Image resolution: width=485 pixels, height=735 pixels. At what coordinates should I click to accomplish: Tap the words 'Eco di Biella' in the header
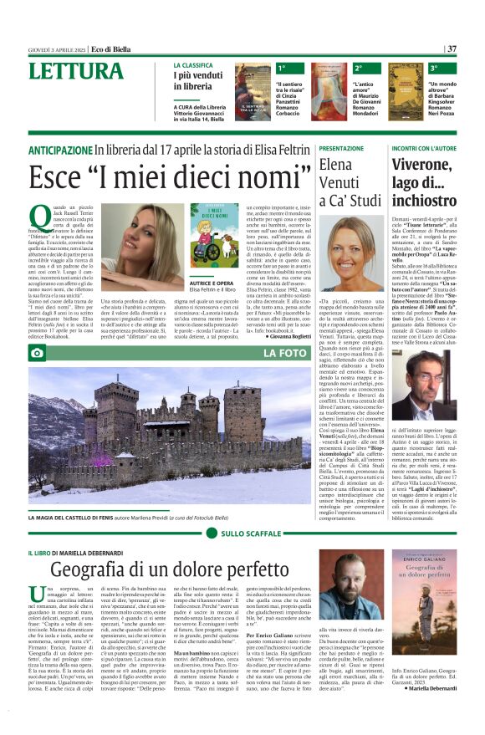click(113, 49)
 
